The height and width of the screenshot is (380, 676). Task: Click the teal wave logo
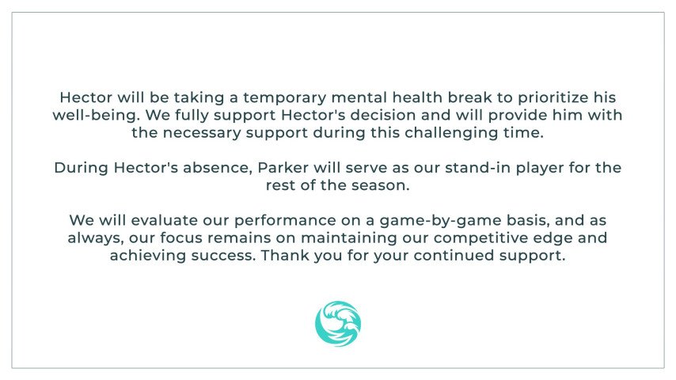(x=338, y=324)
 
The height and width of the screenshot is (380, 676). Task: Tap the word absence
(x=215, y=168)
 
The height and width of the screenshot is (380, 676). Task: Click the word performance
(x=285, y=221)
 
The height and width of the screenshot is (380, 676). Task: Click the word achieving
(x=148, y=256)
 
